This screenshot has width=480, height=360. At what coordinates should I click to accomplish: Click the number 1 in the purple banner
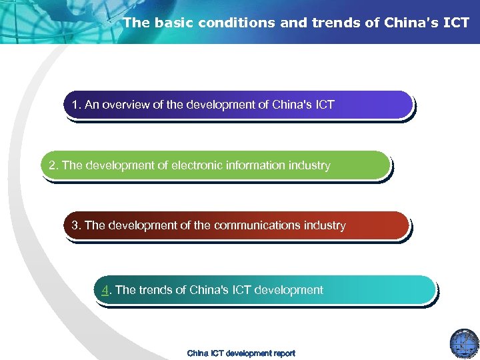(x=75, y=105)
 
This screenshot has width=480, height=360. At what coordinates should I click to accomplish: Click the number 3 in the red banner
(x=75, y=225)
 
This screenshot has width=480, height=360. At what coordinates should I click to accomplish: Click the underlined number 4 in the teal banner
(x=105, y=290)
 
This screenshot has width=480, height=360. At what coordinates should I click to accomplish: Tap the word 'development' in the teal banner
(x=290, y=290)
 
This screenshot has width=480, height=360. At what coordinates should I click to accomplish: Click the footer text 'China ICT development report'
(x=241, y=353)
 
